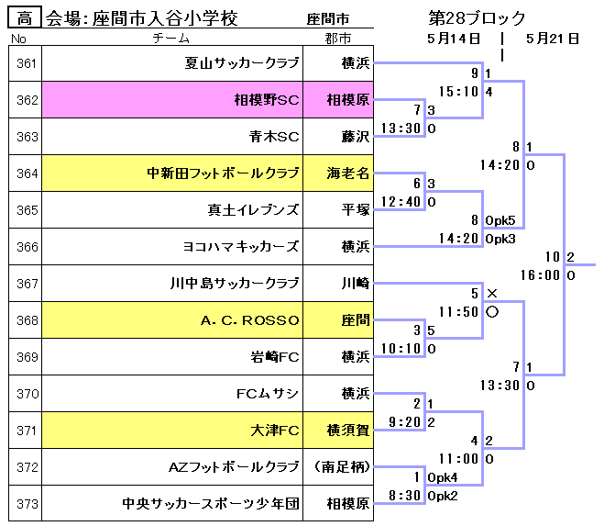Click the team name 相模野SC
tap(266, 100)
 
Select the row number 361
tap(26, 63)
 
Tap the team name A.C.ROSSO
tap(249, 320)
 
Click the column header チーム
tap(171, 39)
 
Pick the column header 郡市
tap(337, 39)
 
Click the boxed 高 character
tap(25, 17)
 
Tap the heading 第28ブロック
tap(477, 18)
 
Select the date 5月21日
tap(553, 39)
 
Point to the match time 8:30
tap(403, 495)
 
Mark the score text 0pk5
tap(500, 220)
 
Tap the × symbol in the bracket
tap(492, 294)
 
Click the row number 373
tap(26, 504)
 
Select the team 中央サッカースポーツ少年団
tap(211, 504)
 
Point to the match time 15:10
tap(458, 91)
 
